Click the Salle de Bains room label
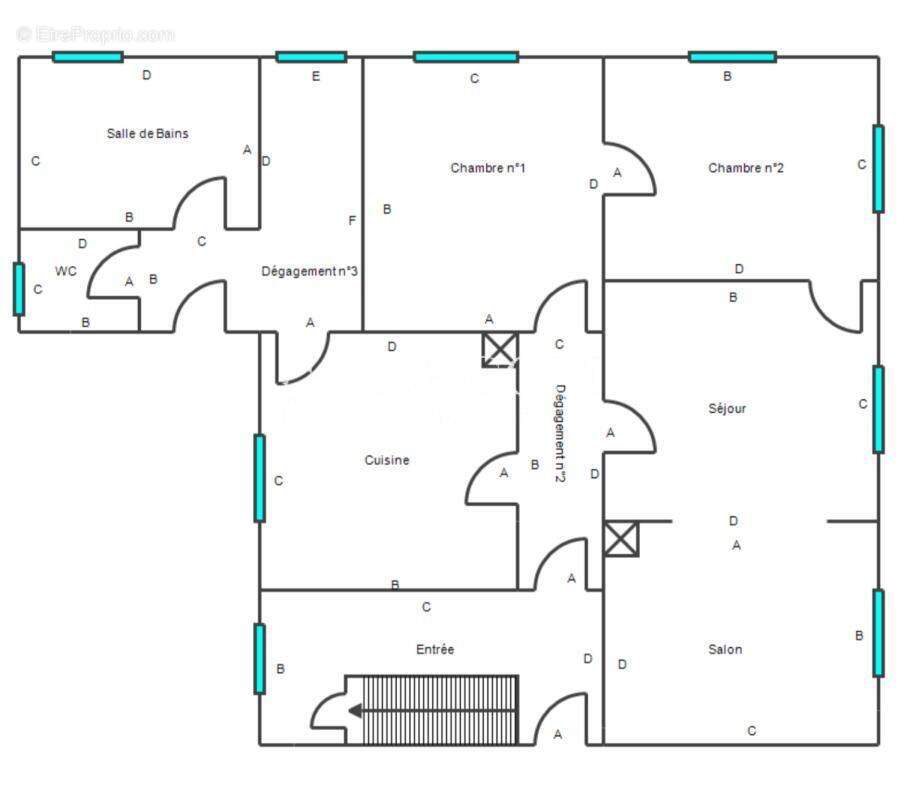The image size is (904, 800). (148, 134)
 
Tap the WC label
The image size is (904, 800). (66, 271)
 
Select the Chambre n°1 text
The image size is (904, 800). (488, 168)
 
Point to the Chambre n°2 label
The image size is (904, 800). (745, 168)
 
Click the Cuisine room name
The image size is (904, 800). (387, 460)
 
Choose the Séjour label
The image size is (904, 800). (727, 409)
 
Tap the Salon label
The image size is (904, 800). (725, 650)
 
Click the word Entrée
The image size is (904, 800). (435, 650)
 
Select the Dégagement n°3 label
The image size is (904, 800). (309, 271)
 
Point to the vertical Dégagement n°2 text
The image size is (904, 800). (560, 433)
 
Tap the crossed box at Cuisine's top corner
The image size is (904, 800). (500, 349)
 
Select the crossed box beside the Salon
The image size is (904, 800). (621, 539)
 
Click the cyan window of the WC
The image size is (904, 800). (19, 289)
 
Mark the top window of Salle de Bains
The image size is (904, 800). (88, 56)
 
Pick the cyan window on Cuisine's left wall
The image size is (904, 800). (260, 478)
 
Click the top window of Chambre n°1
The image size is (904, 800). (466, 56)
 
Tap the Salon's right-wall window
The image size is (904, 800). (878, 633)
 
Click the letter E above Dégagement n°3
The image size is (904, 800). (316, 76)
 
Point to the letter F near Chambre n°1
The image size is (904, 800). (352, 220)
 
